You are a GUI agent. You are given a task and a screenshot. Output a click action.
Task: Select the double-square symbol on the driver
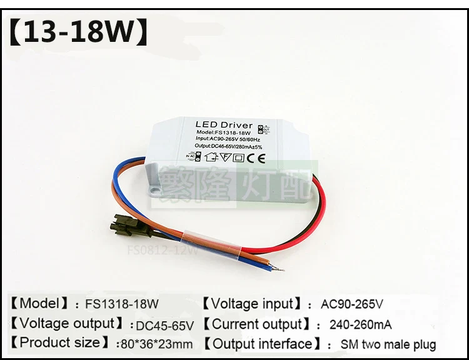[x=238, y=157]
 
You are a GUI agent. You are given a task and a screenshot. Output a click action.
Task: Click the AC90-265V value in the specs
[x=352, y=305]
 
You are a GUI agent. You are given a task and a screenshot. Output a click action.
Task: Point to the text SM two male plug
[x=388, y=344]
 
